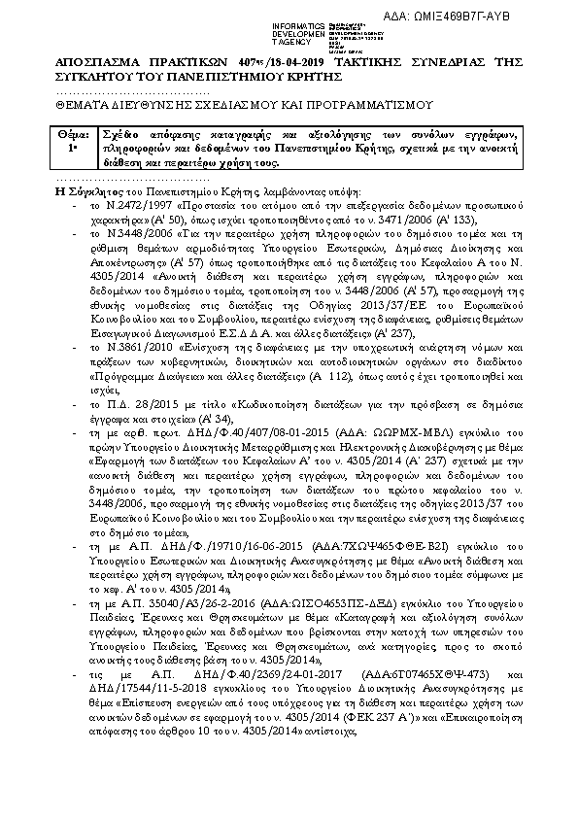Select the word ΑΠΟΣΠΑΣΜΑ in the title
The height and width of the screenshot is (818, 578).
[x=96, y=64]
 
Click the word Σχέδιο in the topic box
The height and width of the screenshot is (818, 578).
[x=117, y=132]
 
